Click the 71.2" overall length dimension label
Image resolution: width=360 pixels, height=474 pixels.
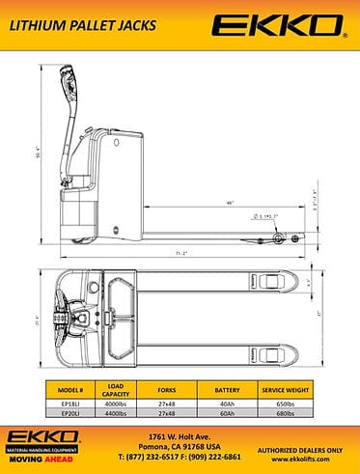[x=180, y=253]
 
